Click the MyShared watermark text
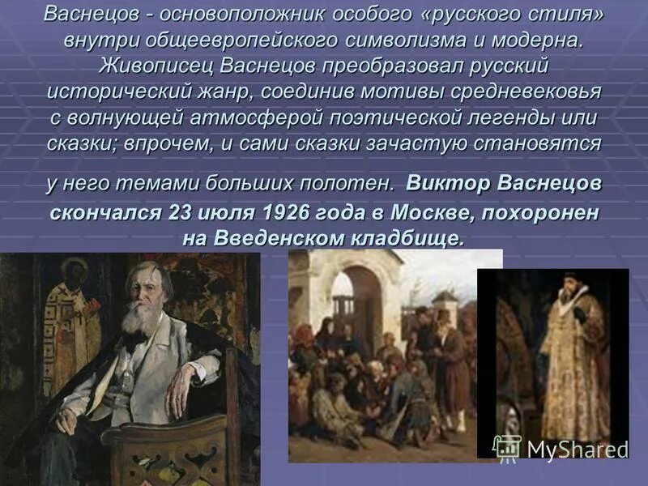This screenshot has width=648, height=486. pyautogui.click(x=578, y=450)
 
